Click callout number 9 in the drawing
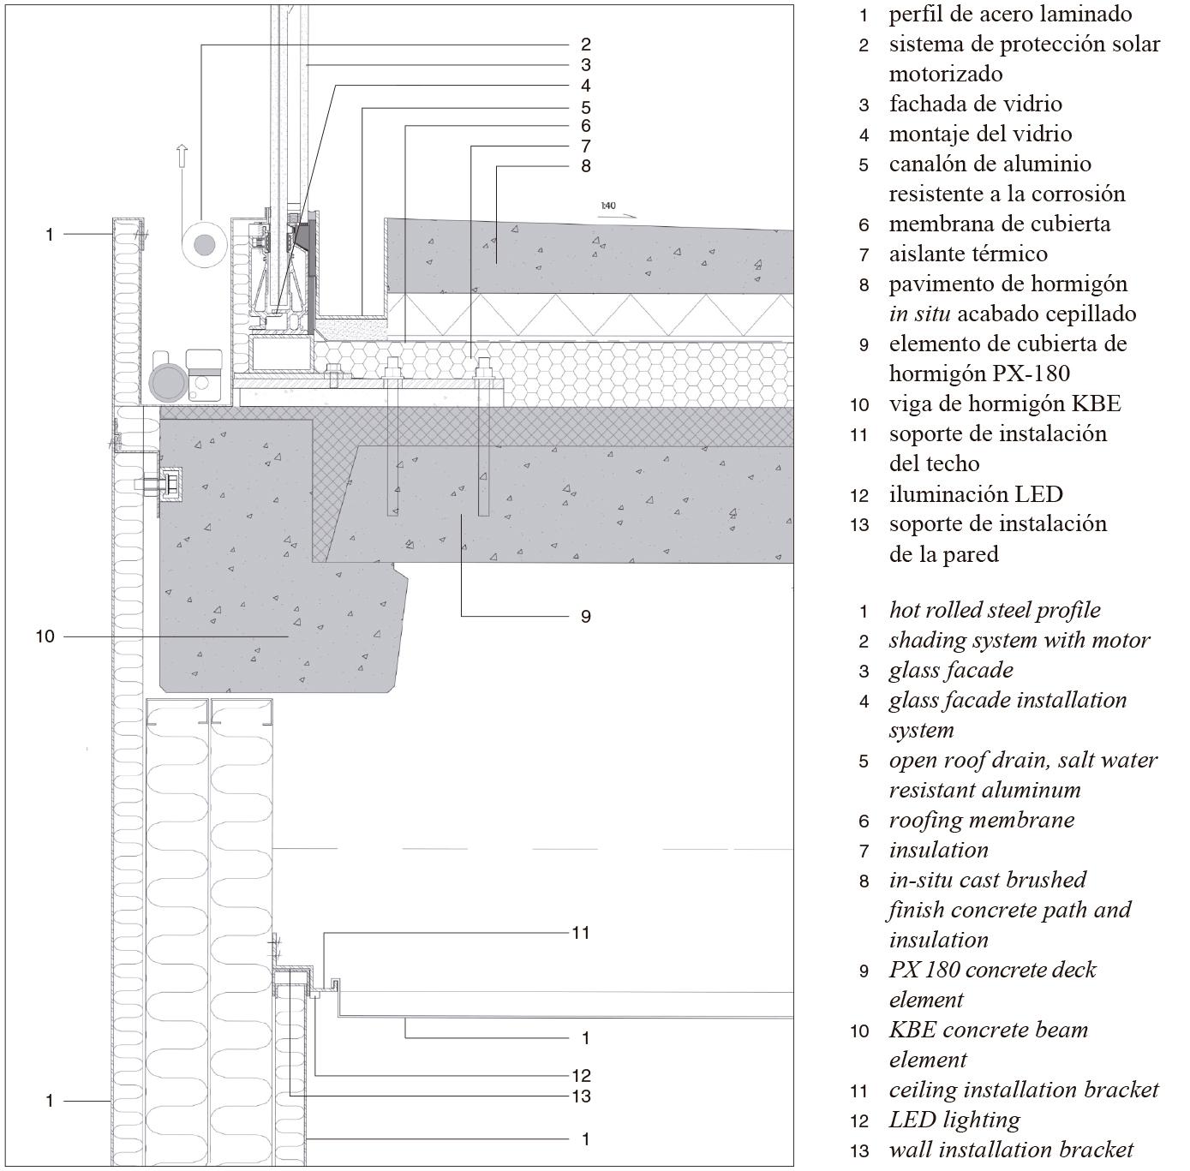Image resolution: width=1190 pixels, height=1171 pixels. point(585,616)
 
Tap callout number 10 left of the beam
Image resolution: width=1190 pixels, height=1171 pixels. point(45,636)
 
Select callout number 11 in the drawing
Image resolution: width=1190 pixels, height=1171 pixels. point(581,932)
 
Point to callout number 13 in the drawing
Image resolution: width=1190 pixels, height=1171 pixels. point(581,1096)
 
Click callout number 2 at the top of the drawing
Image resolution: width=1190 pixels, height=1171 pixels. point(585,45)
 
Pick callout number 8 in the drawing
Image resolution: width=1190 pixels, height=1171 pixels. point(585,166)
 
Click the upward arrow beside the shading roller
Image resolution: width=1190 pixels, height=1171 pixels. point(182,157)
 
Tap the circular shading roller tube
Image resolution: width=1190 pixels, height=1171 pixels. point(204,246)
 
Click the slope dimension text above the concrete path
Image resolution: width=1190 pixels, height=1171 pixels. point(608,206)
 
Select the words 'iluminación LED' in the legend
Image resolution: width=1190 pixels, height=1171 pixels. point(975,494)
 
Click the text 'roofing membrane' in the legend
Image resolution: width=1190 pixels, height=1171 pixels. point(981,820)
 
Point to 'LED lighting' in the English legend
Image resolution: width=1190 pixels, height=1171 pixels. point(954,1120)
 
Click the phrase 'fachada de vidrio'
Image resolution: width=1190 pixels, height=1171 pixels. point(975,104)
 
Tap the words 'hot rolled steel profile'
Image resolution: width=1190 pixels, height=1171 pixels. point(995,610)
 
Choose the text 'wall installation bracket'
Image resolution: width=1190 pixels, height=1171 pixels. point(1011,1150)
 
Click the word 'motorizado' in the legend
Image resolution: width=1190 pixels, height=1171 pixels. point(945,74)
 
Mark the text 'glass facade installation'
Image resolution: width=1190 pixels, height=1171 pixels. point(1008,700)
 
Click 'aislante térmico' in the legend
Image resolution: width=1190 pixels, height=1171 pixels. point(968,254)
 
